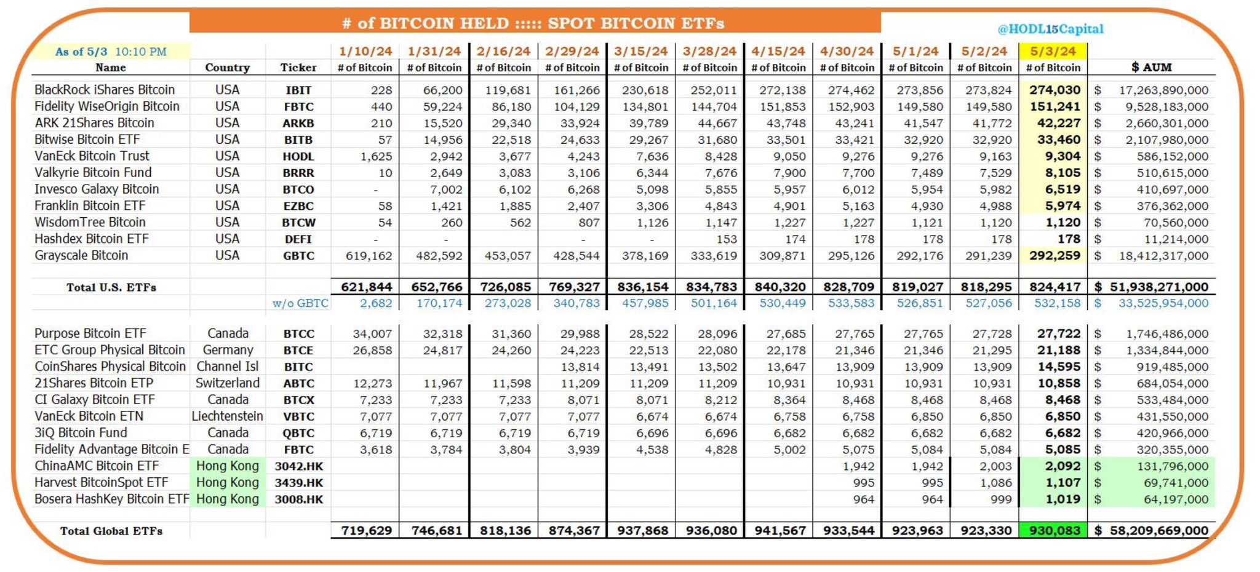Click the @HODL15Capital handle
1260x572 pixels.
1050,29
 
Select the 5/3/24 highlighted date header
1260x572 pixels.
1053,51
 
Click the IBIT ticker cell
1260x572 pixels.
298,90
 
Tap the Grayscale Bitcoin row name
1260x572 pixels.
81,255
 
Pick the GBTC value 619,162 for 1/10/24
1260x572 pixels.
369,256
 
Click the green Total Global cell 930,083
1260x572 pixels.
1054,530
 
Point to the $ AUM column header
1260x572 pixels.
1151,67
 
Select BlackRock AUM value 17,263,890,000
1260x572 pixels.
1163,90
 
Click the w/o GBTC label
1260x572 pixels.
300,303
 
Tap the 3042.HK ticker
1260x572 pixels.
298,466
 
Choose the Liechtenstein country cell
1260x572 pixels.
227,416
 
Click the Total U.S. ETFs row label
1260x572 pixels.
111,287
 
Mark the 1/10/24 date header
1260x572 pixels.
365,51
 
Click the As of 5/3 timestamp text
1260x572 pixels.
111,52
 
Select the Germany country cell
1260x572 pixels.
228,350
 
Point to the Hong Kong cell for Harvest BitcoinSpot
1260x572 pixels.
228,483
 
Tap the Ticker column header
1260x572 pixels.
298,68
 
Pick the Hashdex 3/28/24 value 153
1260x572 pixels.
727,239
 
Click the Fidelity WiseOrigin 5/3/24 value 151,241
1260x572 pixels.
1055,106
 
